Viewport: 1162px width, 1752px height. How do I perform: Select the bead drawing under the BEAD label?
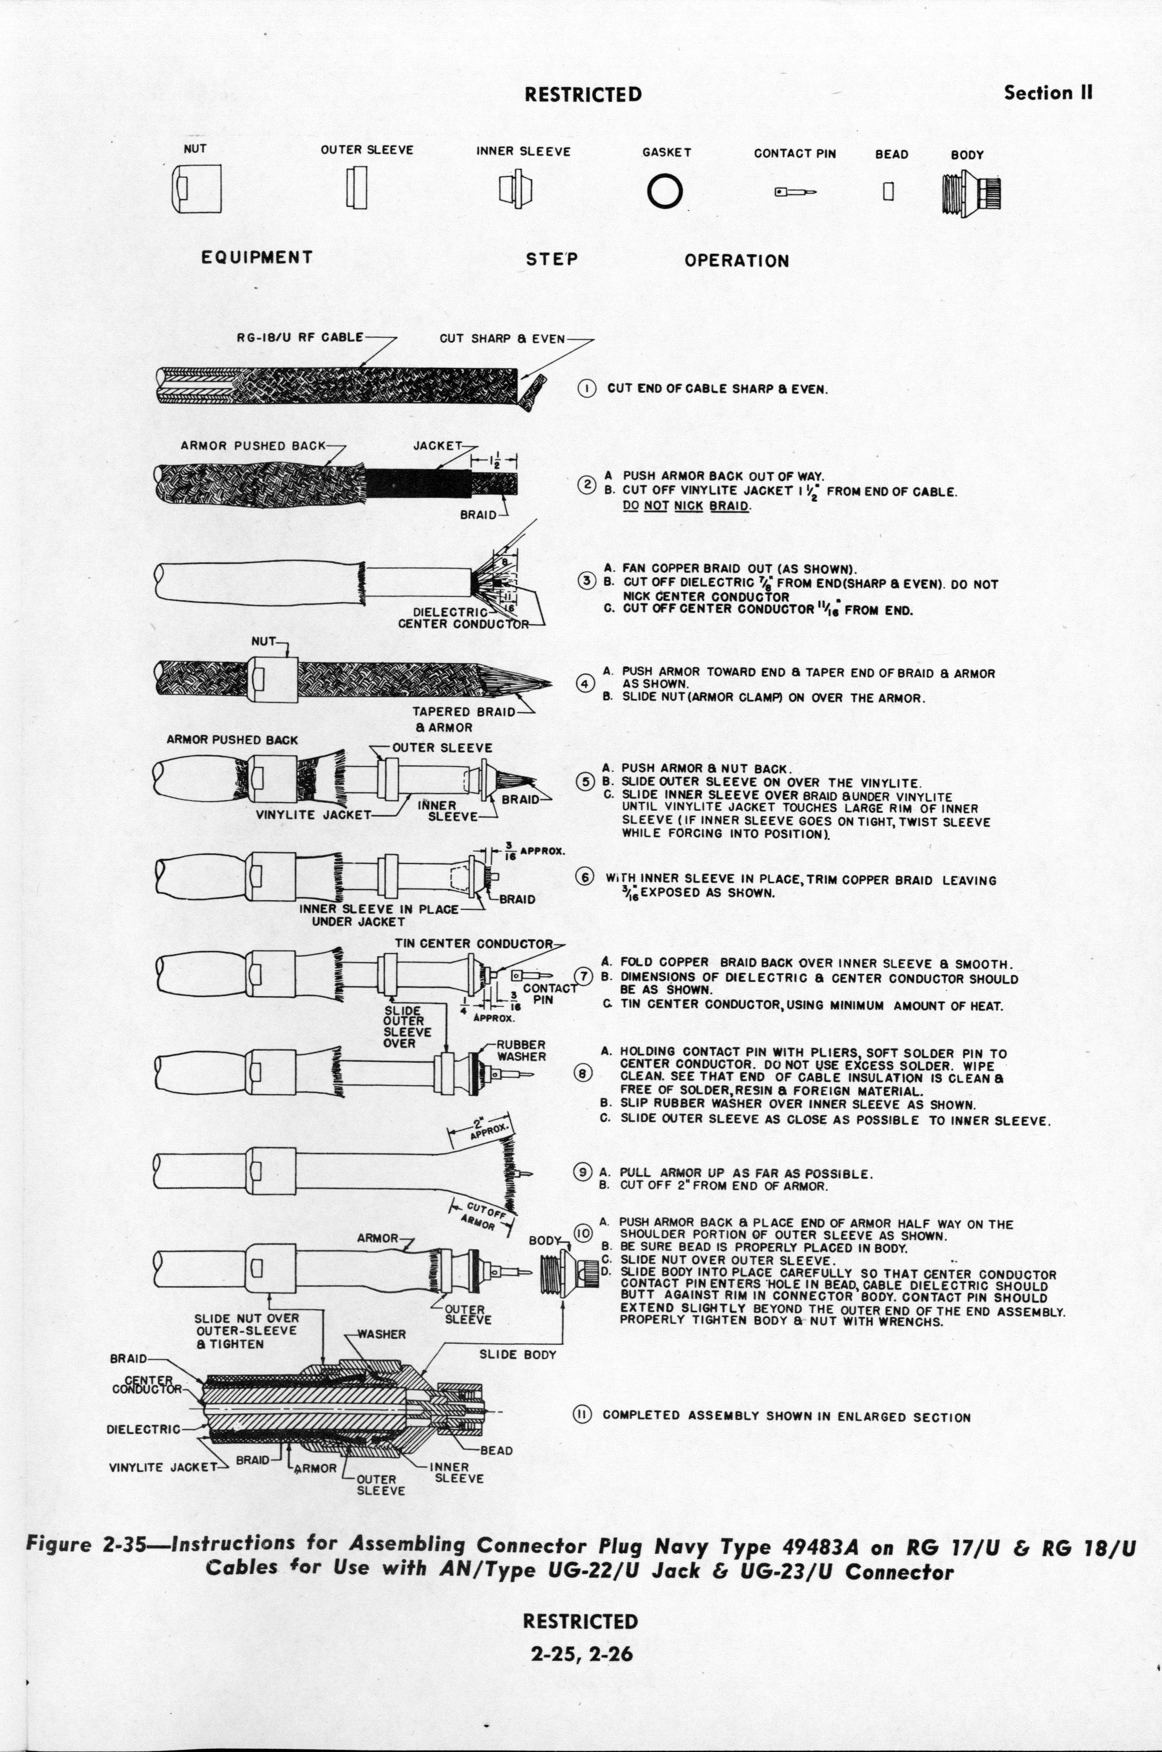pos(889,191)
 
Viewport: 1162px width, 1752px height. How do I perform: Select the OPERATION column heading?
pos(737,261)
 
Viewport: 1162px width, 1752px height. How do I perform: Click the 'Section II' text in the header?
pos(1048,93)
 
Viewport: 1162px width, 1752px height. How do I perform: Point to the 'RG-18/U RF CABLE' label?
pos(300,337)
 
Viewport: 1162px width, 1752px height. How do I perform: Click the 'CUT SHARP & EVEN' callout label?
pos(502,338)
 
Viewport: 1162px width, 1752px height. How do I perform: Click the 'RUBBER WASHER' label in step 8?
pos(521,1051)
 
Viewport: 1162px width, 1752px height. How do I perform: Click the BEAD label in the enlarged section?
pos(496,1450)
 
